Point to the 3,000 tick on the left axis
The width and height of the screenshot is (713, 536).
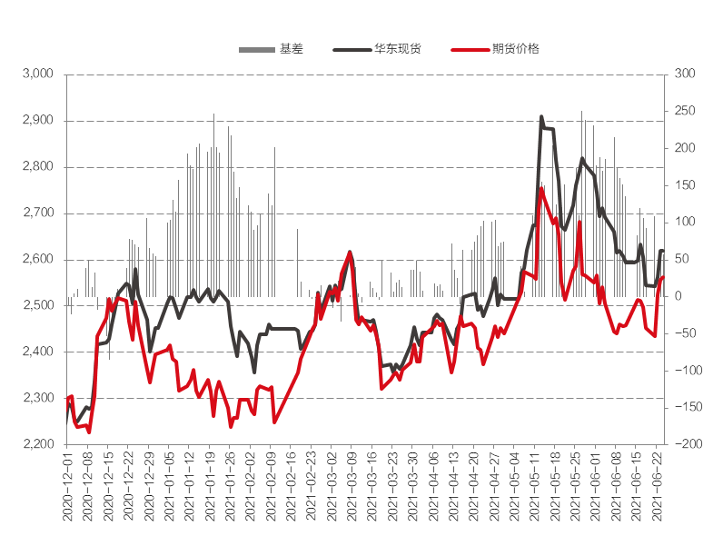[39, 74]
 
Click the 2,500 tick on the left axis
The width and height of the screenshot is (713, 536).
[39, 305]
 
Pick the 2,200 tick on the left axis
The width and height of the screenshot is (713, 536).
[39, 444]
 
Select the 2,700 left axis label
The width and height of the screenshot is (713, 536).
[39, 213]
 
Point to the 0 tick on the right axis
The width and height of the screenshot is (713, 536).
[676, 296]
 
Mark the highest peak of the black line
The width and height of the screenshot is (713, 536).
[541, 117]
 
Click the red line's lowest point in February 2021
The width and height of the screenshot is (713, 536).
[274, 422]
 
